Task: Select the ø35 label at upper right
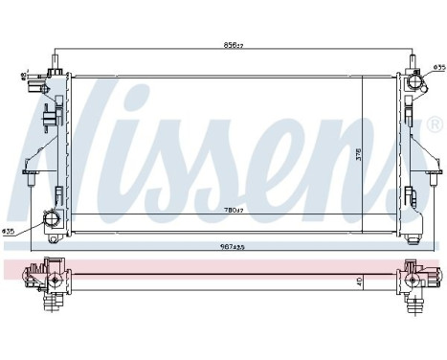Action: [437, 67]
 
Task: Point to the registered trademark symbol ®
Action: [433, 124]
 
